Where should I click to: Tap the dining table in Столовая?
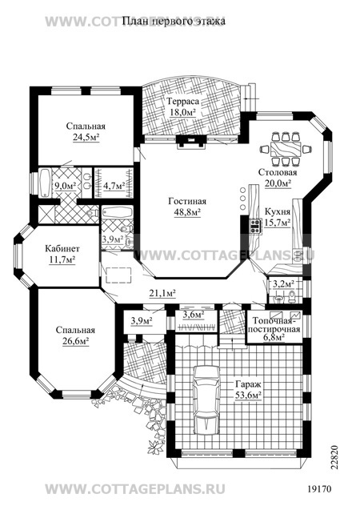tap(286, 150)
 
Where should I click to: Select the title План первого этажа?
tap(174, 22)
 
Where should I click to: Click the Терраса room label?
tap(182, 101)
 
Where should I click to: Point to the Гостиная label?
tap(187, 201)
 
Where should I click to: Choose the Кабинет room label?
tap(62, 249)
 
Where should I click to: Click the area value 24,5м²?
tap(86, 137)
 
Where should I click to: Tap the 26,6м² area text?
tap(76, 341)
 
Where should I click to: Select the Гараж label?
tap(248, 384)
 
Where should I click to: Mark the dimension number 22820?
tap(335, 458)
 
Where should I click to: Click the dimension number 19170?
tap(319, 489)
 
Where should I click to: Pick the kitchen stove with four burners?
tap(254, 226)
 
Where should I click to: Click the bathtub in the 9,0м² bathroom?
tap(44, 183)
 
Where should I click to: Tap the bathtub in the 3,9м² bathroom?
tap(118, 213)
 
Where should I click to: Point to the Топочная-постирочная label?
tap(277, 325)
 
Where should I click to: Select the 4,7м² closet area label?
tap(114, 186)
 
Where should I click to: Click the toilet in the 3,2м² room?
tap(292, 295)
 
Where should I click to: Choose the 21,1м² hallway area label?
tap(162, 293)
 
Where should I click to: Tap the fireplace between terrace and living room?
tap(190, 142)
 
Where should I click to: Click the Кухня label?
tap(277, 212)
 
